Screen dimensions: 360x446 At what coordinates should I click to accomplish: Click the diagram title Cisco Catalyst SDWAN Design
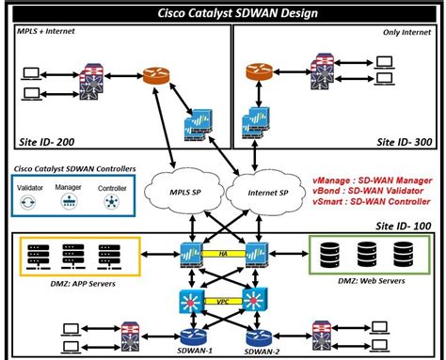(223, 12)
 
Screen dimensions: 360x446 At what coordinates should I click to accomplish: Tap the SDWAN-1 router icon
(194, 335)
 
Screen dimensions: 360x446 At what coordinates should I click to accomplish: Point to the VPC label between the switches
(224, 303)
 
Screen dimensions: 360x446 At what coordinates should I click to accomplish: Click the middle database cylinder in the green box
(366, 254)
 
